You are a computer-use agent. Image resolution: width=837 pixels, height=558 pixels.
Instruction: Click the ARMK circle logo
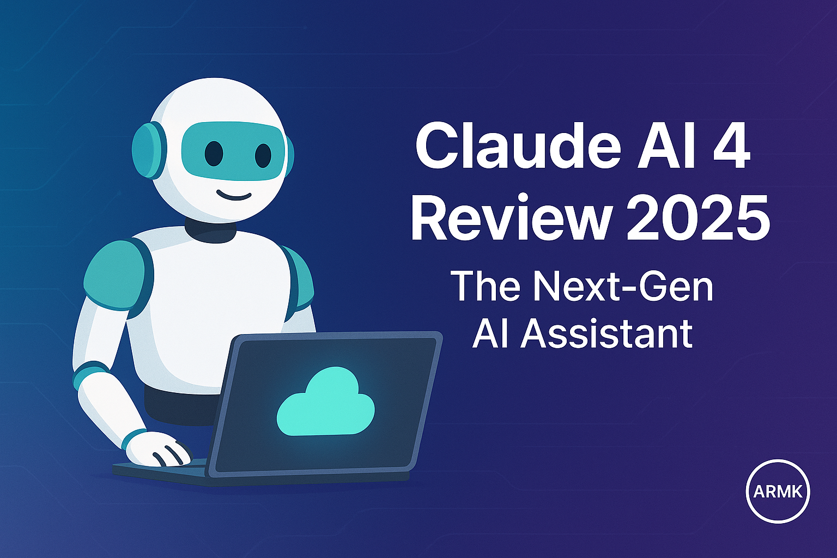point(778,491)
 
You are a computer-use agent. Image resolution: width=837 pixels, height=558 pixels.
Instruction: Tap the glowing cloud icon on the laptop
point(326,402)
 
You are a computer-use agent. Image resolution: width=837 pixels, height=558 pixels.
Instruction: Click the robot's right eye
point(263,156)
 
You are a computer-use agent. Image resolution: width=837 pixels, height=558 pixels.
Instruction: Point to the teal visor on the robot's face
point(234,150)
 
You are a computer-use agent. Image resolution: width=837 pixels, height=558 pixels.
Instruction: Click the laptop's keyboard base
point(163,472)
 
